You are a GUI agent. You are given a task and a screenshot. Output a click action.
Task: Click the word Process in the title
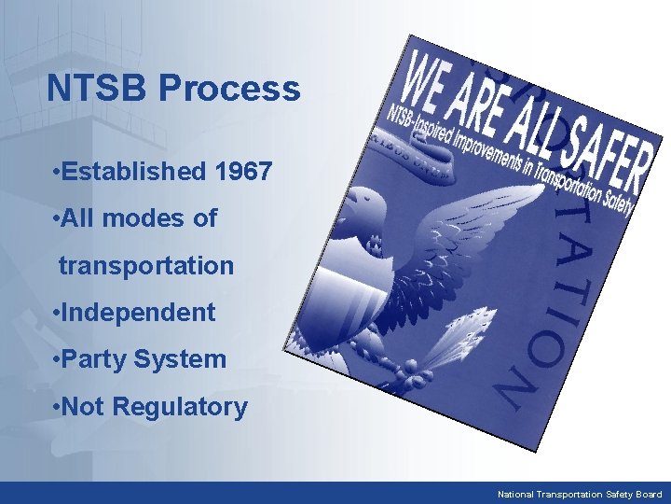(x=229, y=89)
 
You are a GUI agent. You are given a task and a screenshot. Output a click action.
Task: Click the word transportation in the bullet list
(x=146, y=265)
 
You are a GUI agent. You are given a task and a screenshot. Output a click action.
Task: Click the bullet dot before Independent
(x=57, y=313)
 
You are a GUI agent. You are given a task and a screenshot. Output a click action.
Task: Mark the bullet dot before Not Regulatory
(x=57, y=408)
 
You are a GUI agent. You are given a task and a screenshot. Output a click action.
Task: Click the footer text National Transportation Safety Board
(x=580, y=494)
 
